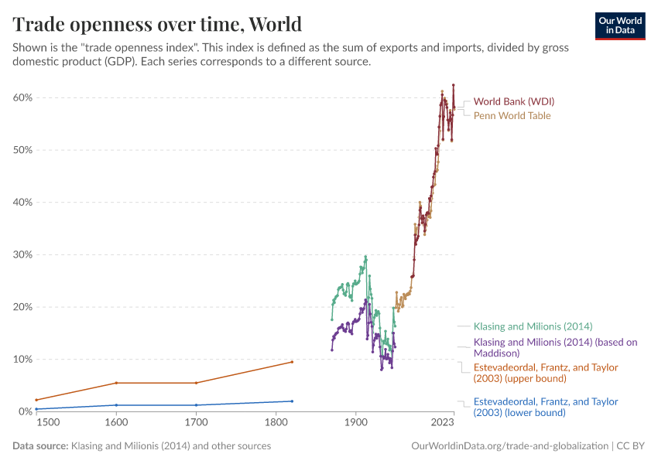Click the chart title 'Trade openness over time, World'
tap(157, 23)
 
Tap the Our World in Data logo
tap(619, 26)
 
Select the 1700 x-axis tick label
tap(196, 423)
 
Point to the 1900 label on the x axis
tap(355, 423)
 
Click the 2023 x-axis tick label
tap(442, 423)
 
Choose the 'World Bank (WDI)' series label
tap(513, 101)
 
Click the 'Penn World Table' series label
tap(512, 116)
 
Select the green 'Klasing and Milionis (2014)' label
tap(533, 326)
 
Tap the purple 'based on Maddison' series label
tap(555, 347)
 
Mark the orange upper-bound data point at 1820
tap(292, 362)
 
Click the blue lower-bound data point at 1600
tap(116, 405)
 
